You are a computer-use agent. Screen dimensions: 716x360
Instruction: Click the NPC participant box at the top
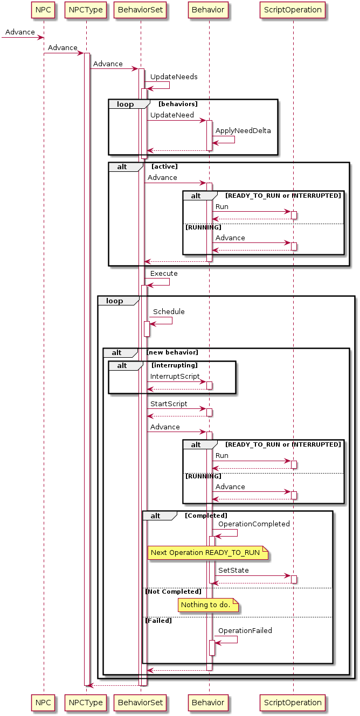pos(43,9)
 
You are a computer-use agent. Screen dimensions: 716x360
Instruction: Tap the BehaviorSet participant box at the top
pos(141,9)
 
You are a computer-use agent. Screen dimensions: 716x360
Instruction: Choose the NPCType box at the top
pos(86,9)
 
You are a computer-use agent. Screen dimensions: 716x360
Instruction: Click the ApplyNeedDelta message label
pos(243,130)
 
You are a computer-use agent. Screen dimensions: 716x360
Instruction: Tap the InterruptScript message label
pos(175,376)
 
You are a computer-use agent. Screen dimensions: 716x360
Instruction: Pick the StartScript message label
pos(169,404)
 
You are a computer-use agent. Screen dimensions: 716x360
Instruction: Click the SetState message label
pos(233,570)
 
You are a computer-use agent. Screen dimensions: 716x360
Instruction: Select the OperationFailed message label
pos(245,630)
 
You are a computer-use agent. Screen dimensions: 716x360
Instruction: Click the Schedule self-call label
pos(169,311)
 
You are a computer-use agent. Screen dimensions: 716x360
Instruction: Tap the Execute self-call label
pos(164,273)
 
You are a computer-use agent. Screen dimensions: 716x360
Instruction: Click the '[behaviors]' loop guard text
pos(178,103)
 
